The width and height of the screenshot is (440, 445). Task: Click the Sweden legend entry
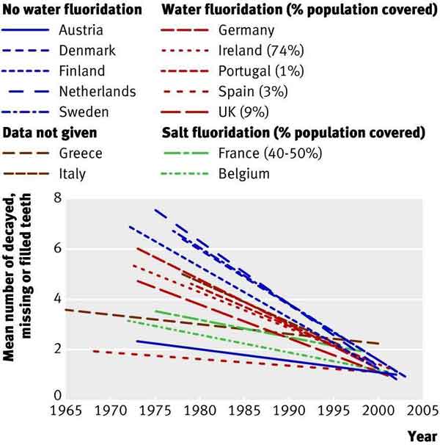(81, 112)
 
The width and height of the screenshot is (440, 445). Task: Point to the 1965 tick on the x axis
(65, 408)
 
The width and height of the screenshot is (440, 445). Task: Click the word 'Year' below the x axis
(422, 435)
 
